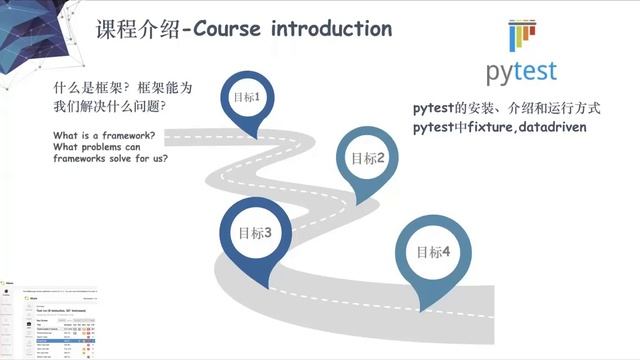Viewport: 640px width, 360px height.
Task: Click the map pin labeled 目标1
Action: point(247,99)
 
